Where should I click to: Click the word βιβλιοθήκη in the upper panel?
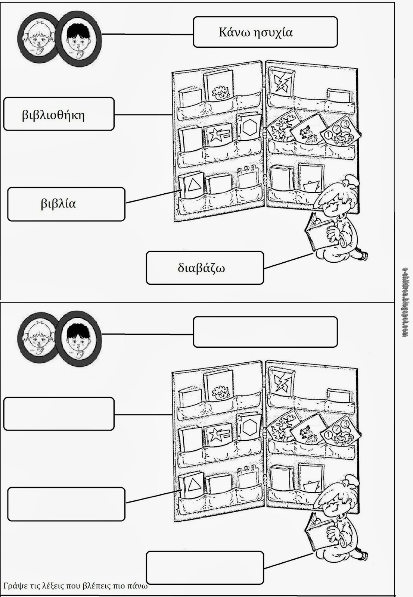pyautogui.click(x=53, y=115)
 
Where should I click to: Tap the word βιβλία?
pyautogui.click(x=58, y=204)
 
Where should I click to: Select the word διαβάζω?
pyautogui.click(x=201, y=268)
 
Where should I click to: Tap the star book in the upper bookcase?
pyautogui.click(x=218, y=135)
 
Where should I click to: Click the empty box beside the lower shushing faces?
pyautogui.click(x=265, y=332)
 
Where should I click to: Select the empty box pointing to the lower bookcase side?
pyautogui.click(x=59, y=413)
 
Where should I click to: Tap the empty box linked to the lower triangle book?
pyautogui.click(x=66, y=504)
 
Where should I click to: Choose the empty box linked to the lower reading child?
pyautogui.click(x=205, y=568)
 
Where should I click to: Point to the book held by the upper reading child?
pyautogui.click(x=317, y=232)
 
